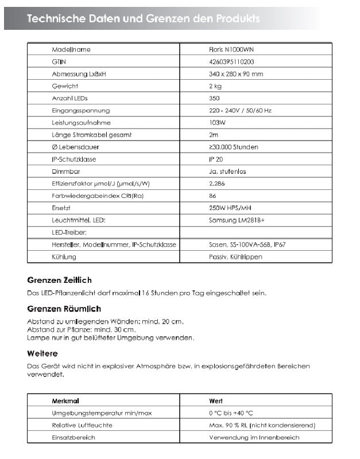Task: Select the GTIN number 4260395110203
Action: click(231, 62)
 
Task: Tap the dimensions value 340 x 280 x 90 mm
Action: click(236, 74)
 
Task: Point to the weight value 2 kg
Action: click(215, 86)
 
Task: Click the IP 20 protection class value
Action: click(216, 160)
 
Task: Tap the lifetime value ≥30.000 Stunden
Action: click(234, 147)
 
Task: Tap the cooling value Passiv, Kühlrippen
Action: click(235, 256)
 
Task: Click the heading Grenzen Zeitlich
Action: click(59, 280)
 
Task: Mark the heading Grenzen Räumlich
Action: click(64, 309)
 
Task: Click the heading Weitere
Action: click(42, 353)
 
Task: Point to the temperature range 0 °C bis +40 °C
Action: click(231, 413)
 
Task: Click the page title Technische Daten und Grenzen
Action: click(144, 19)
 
